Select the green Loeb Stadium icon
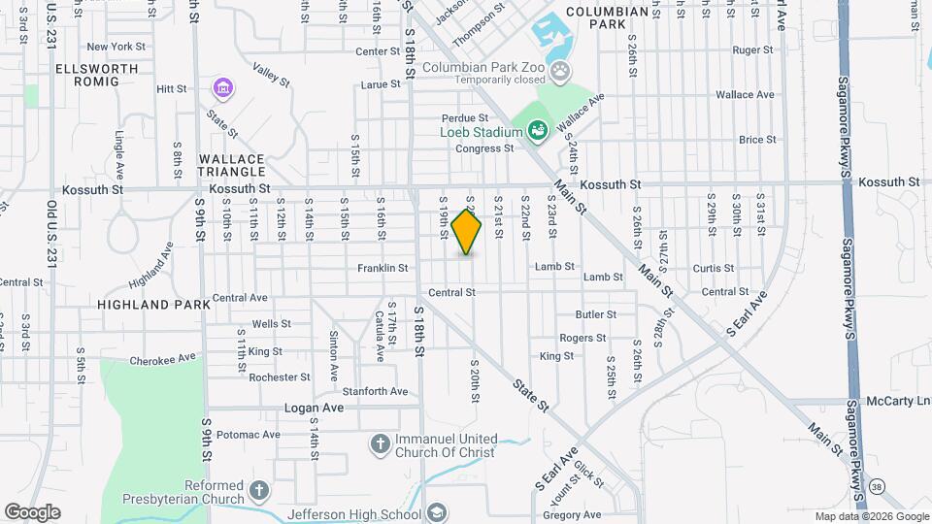pyautogui.click(x=537, y=129)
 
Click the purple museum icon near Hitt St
pyautogui.click(x=223, y=89)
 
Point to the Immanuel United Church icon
pyautogui.click(x=382, y=444)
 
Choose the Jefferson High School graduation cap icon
pyautogui.click(x=437, y=513)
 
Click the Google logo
pyautogui.click(x=32, y=511)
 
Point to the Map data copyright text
pyautogui.click(x=871, y=516)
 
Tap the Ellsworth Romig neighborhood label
pyautogui.click(x=87, y=75)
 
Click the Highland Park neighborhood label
pyautogui.click(x=153, y=304)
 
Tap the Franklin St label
pyautogui.click(x=383, y=268)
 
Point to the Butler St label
pyautogui.click(x=596, y=314)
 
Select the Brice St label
pyautogui.click(x=757, y=140)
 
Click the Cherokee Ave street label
pyautogui.click(x=163, y=360)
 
